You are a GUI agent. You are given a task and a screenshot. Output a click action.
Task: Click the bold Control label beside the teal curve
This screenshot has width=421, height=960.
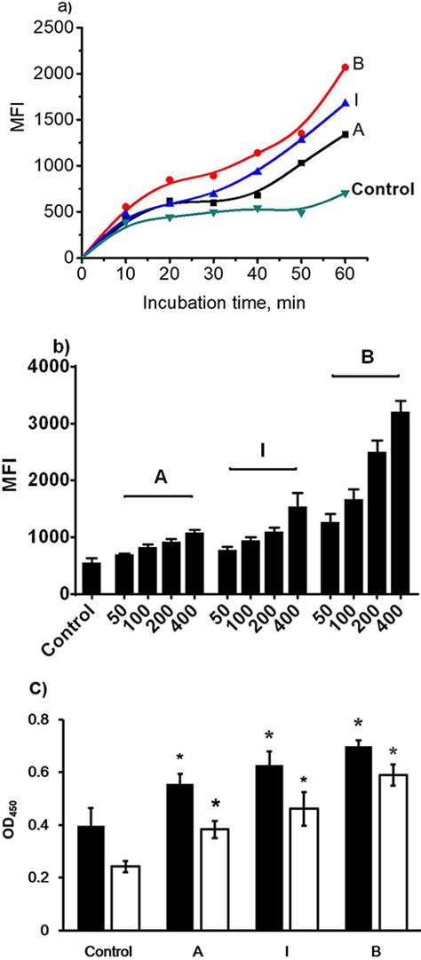(383, 188)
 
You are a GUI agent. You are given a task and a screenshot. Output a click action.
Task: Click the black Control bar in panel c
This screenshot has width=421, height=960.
(91, 877)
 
